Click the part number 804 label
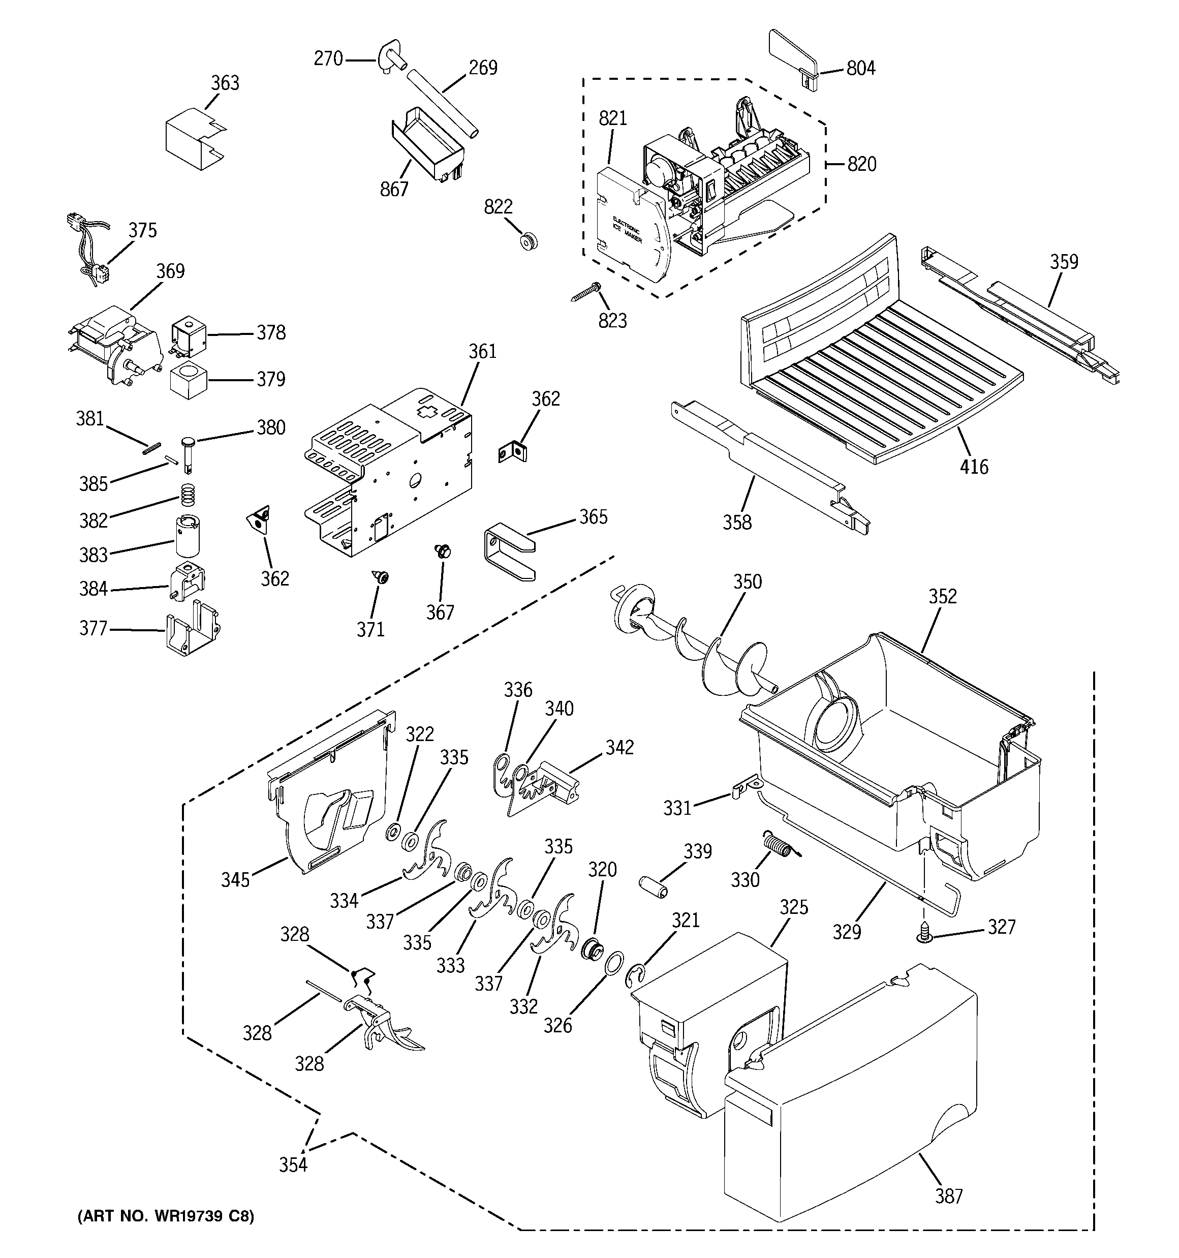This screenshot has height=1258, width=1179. [x=861, y=68]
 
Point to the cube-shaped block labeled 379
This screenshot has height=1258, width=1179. [x=189, y=380]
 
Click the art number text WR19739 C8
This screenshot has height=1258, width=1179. [x=166, y=1216]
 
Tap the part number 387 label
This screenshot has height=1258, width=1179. [x=949, y=1196]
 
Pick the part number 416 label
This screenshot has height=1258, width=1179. [x=974, y=467]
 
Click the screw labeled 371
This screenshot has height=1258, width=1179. [x=380, y=576]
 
